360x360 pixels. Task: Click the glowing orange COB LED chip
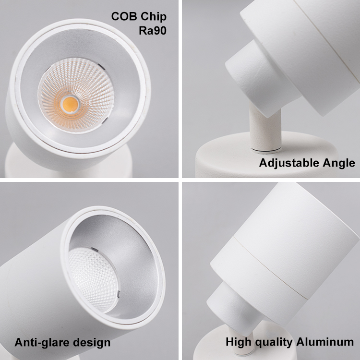click(x=70, y=103)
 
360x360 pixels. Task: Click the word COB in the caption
click(x=124, y=16)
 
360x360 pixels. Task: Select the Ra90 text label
click(x=153, y=31)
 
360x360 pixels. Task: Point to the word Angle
click(x=339, y=164)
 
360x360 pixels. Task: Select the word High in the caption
click(x=239, y=342)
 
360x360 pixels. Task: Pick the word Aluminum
click(x=325, y=342)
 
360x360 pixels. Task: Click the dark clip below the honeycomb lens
click(x=119, y=294)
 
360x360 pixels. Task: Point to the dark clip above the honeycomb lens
click(x=95, y=250)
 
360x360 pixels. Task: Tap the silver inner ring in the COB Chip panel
click(x=80, y=91)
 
